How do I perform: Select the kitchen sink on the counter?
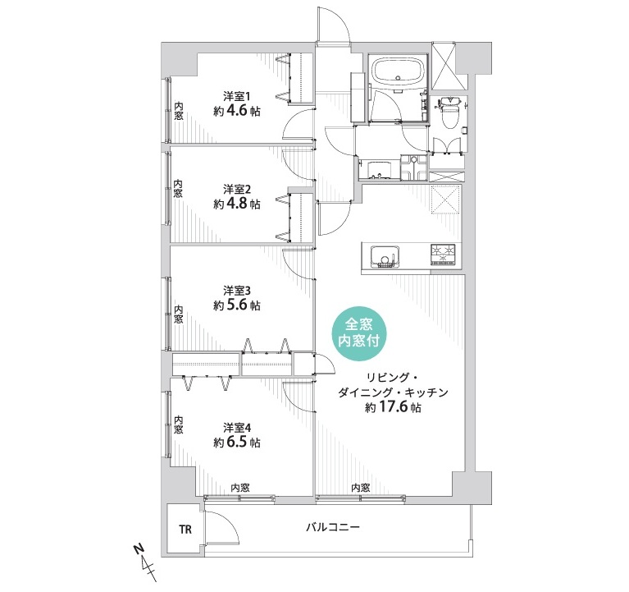385,257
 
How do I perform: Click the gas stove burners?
444,255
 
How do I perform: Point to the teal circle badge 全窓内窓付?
358,333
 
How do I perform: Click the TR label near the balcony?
185,530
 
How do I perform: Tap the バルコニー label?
333,526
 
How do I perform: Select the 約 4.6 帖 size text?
237,111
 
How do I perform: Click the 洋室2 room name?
237,189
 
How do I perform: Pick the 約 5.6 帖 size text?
237,305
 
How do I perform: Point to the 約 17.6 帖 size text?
393,407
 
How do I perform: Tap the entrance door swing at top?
332,24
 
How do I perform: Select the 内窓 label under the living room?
360,488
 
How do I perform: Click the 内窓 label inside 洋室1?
179,111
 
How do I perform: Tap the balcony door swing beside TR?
222,527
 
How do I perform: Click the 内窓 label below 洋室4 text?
240,488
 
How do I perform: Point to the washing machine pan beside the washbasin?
414,168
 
